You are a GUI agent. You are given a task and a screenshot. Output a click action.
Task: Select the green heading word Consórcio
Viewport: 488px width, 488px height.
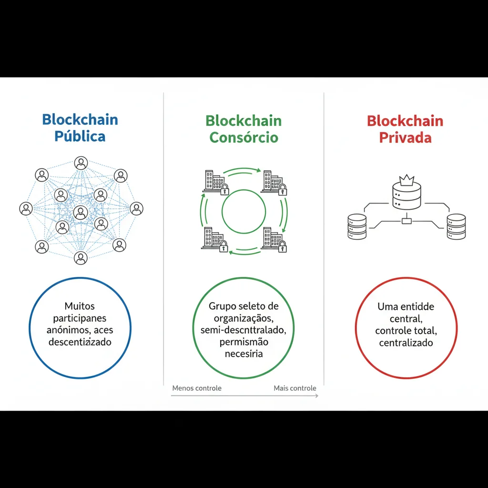point(244,137)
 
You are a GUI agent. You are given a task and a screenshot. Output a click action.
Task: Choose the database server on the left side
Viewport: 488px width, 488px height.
point(357,226)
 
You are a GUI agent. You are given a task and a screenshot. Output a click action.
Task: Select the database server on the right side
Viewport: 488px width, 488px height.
point(456,226)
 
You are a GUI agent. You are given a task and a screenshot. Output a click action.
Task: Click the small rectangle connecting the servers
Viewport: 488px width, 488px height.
point(407,221)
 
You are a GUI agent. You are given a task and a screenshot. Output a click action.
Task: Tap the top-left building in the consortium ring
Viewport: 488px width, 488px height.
point(213,181)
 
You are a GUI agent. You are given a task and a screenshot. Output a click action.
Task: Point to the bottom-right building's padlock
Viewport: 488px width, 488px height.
point(282,246)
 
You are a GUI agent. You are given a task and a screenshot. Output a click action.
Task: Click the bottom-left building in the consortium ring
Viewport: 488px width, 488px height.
point(213,238)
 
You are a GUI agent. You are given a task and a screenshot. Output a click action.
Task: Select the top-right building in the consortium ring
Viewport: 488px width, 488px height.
point(273,181)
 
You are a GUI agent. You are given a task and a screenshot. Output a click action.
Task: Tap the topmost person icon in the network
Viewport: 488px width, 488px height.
point(81,163)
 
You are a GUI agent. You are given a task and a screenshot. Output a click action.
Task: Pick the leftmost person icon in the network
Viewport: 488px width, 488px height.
point(26,208)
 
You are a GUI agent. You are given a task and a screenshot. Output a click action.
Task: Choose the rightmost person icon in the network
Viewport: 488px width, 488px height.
point(136,208)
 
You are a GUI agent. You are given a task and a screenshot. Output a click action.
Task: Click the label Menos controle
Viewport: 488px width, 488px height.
point(197,388)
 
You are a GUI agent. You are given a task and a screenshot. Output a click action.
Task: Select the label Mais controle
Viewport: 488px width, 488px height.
point(295,388)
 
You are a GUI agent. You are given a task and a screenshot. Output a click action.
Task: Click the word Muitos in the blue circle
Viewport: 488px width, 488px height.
point(80,306)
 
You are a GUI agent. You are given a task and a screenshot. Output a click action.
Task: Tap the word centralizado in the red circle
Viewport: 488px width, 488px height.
point(406,343)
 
